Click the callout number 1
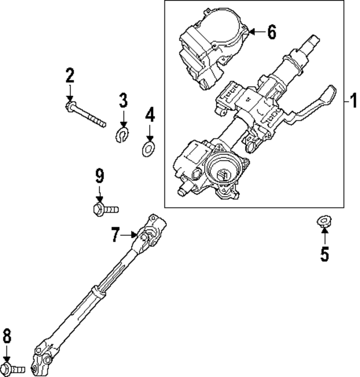coord(353,100)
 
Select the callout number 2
coord(69,76)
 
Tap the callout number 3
coord(123,100)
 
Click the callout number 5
coord(324,254)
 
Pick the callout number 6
coord(272,32)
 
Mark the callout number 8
coord(7,337)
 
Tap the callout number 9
coord(99,176)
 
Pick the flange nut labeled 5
coord(324,221)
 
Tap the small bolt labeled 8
coord(13,369)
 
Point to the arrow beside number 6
coord(257,32)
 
